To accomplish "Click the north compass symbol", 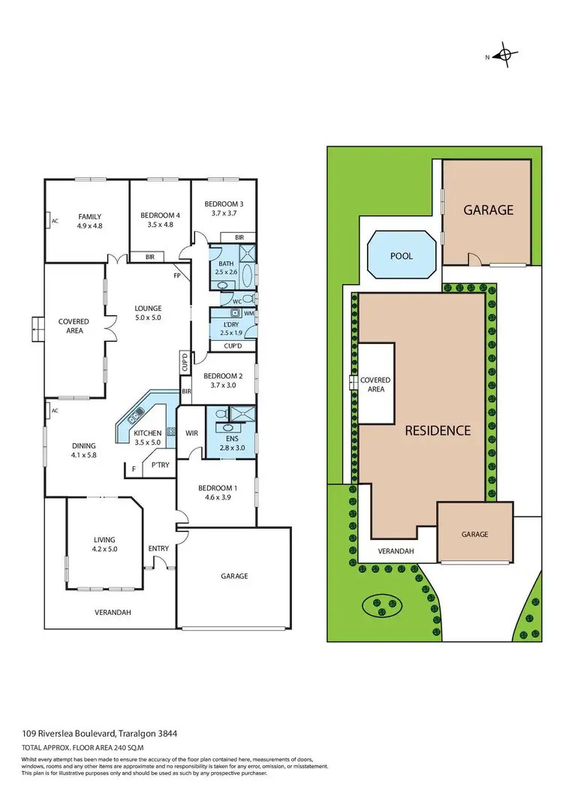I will coord(507,55).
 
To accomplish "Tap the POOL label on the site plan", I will coord(402,256).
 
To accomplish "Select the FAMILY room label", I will coord(89,216).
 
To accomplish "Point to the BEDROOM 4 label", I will coord(161,216).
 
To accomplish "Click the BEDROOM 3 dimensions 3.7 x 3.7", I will coord(224,213).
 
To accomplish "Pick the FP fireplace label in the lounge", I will coord(177,275).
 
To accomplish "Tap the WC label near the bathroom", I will coord(236,301).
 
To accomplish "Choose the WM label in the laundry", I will coord(248,313).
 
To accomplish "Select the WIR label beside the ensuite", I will coord(191,433).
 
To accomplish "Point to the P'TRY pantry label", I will coord(159,465).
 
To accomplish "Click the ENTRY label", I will coord(158,548).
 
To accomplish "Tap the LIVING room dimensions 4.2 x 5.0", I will coord(104,549).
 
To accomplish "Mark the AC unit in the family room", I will coord(55,221).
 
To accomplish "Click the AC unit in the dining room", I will coord(55,410).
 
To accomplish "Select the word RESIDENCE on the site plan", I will coord(438,430).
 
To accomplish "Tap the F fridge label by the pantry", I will coord(134,469).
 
